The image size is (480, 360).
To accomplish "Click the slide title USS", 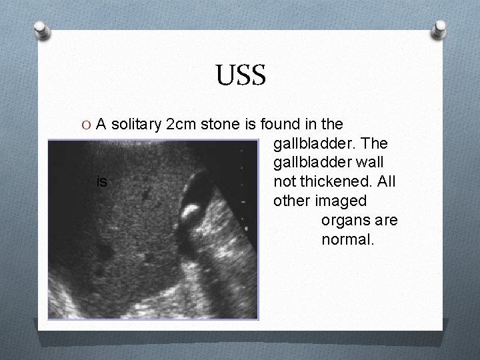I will pyautogui.click(x=241, y=75).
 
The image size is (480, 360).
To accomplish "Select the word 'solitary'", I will pyautogui.click(x=135, y=124).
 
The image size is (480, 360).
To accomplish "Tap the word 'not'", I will pyautogui.click(x=283, y=181).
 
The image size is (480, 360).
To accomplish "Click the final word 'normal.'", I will pyautogui.click(x=348, y=239).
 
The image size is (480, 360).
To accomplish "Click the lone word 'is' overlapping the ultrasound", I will pyautogui.click(x=101, y=181).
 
